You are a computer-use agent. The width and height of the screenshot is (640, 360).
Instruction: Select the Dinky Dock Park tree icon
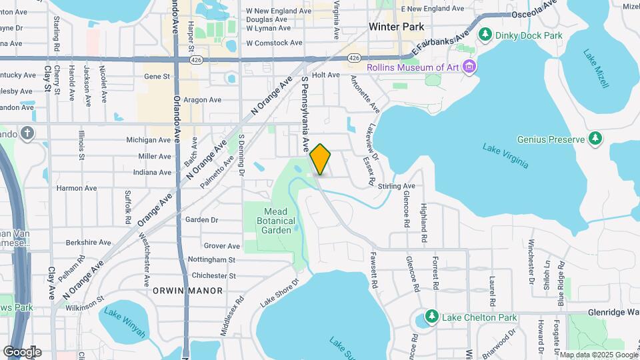pos(487,34)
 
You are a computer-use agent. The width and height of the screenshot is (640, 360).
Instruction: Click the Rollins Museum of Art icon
pos(470,67)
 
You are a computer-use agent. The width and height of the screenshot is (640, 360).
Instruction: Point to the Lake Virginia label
pos(505,155)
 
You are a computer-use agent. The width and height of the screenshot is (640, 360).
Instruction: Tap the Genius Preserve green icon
pos(595,139)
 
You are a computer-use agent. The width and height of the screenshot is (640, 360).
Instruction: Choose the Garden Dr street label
pos(202,219)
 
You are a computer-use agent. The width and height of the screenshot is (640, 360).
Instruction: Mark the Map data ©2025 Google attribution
pos(598,355)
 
